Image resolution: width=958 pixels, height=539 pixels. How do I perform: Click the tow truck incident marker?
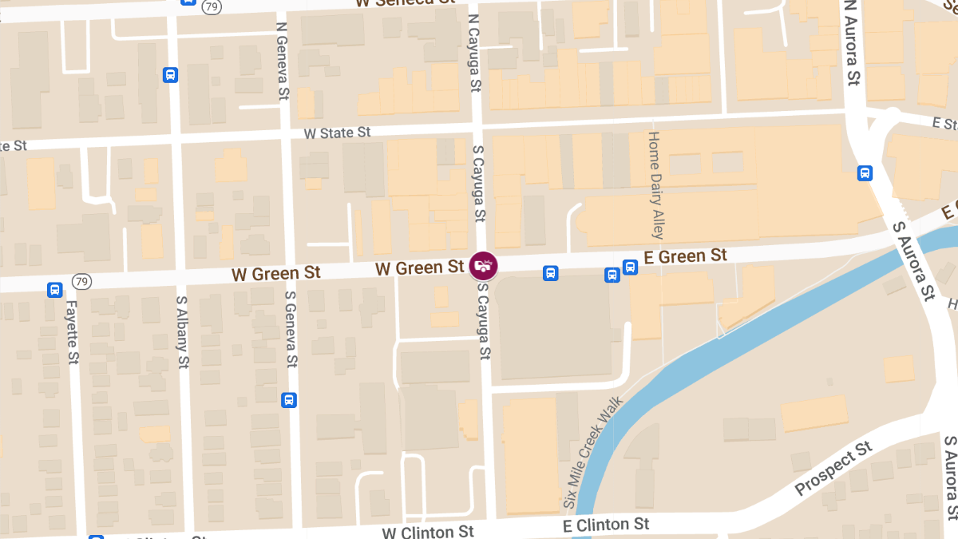483,264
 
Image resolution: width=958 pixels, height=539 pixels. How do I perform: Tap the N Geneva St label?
281,60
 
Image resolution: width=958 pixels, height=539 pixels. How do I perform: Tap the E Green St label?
686,256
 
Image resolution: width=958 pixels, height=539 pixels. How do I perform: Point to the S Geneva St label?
291,327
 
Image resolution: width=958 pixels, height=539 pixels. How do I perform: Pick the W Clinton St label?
428,532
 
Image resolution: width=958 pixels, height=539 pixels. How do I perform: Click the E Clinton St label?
606,525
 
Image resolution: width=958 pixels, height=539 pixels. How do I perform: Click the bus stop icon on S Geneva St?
289,400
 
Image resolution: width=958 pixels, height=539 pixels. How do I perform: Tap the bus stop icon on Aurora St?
865,173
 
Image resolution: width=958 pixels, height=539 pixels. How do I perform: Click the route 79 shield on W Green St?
81,281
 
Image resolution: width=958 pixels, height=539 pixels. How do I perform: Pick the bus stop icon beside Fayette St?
54,290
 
